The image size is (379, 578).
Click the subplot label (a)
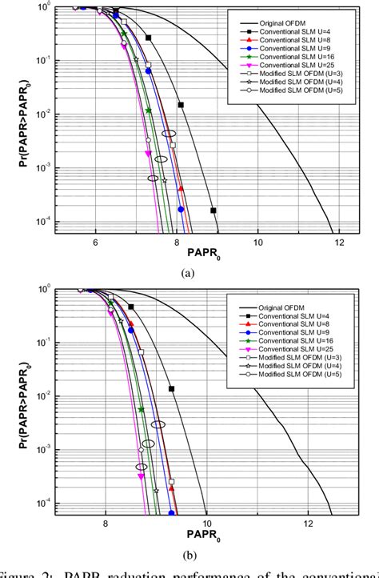coord(189,273)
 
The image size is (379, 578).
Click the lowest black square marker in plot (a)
coord(213,211)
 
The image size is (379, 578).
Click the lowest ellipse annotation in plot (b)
coord(142,467)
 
